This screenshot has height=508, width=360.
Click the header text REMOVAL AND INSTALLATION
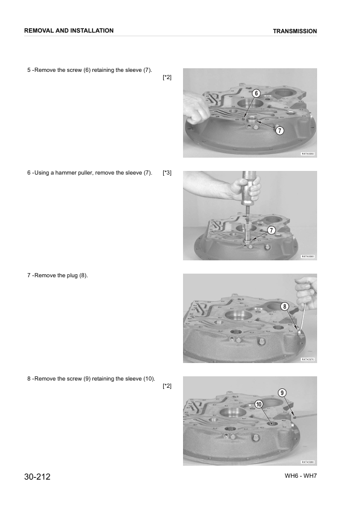coord(68,30)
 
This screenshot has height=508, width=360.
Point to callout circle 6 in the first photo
coord(256,94)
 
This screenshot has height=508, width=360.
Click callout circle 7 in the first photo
coord(280,130)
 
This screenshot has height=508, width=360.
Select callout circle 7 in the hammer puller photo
coord(271,230)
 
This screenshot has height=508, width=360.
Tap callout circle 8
coord(285,307)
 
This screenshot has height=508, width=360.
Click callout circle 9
coord(282,393)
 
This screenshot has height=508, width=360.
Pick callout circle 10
coord(258,404)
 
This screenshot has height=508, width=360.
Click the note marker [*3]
coord(167,173)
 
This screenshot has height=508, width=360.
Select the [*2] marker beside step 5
coord(167,78)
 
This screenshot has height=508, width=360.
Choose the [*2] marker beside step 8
coord(167,386)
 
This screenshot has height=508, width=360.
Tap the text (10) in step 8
coord(149,379)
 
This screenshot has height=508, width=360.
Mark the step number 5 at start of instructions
coord(29,70)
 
